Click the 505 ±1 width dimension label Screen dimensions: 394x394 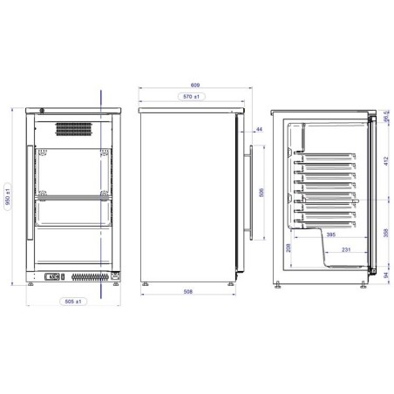(x=73, y=302)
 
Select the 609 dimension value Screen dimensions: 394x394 (x=194, y=85)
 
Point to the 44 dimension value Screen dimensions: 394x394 (x=260, y=130)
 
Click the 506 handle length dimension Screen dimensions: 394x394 (x=260, y=194)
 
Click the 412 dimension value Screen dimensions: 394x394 (x=386, y=161)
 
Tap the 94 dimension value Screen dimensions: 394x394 (x=386, y=275)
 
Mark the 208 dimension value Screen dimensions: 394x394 (x=288, y=248)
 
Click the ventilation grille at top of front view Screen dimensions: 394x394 (x=75, y=128)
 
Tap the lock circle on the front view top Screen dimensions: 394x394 (x=44, y=110)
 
